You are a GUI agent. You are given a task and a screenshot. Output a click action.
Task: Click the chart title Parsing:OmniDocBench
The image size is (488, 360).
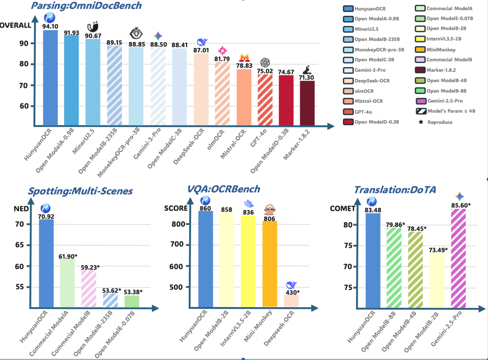click(x=86, y=6)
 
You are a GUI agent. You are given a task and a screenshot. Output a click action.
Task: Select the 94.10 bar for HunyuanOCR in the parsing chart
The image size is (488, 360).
click(x=50, y=77)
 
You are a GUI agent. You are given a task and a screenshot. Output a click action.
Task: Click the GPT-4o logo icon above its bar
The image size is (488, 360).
click(x=265, y=62)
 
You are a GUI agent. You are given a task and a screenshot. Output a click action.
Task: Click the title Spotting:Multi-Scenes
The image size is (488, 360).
click(x=80, y=191)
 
